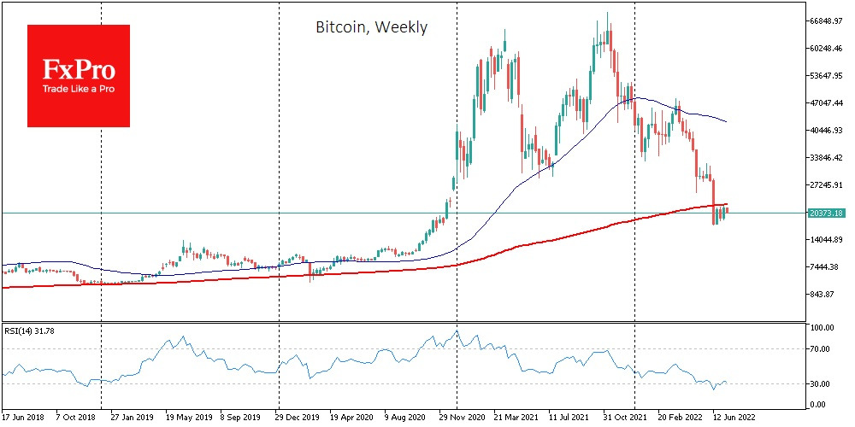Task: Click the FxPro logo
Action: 79,75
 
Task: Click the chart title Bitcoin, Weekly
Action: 371,27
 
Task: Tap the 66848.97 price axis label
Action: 828,21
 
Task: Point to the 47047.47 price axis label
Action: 828,103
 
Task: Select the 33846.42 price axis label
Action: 828,158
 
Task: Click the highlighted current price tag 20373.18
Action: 827,213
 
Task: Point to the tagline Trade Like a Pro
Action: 79,89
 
